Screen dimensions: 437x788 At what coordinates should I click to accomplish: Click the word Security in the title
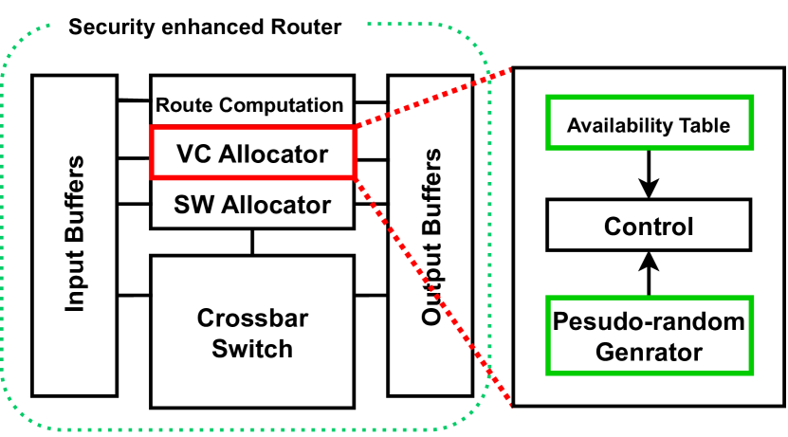pos(106,27)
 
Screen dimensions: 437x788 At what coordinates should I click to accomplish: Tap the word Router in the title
pos(310,27)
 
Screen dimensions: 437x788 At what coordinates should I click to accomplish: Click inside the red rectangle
pos(252,152)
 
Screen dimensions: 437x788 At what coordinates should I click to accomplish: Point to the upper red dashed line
pos(432,97)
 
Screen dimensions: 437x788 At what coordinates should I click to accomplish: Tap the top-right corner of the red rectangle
pos(355,127)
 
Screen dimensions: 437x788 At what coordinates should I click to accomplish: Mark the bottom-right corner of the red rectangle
pos(355,177)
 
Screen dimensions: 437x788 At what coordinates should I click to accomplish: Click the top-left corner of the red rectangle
pos(152,127)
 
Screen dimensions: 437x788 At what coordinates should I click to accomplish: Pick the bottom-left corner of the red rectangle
pos(152,177)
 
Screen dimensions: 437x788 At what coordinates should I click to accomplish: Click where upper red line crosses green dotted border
pos(489,76)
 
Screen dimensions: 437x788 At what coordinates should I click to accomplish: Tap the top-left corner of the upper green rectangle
pos(547,97)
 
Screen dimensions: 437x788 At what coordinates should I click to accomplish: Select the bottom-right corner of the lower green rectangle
pos(752,373)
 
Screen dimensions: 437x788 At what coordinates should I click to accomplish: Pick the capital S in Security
pos(75,27)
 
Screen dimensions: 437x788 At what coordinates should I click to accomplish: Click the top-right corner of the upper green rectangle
pos(752,97)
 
